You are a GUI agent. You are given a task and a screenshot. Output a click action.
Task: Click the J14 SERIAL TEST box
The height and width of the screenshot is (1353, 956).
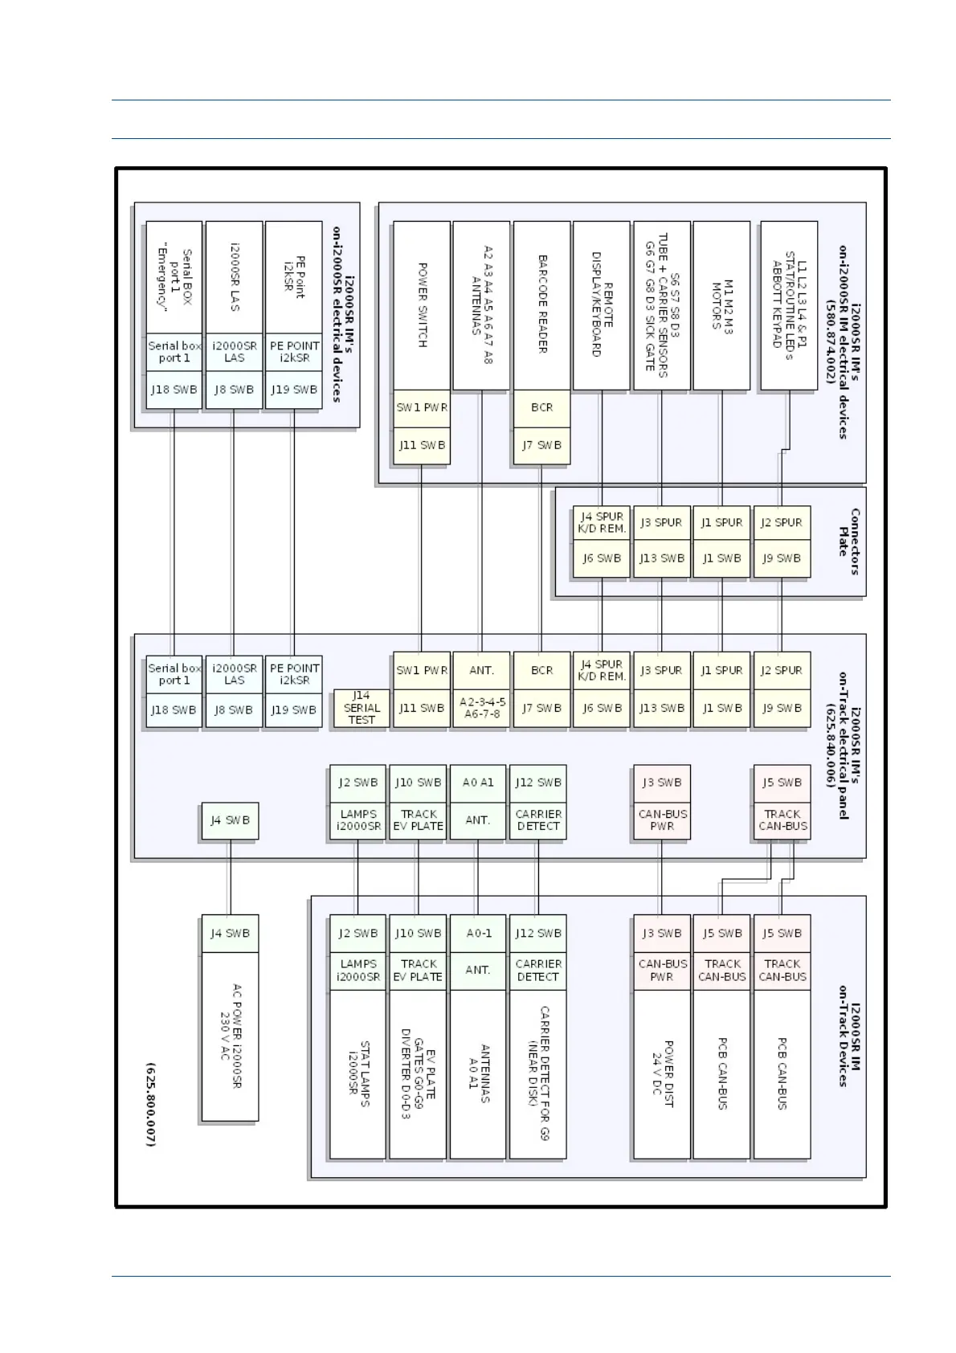point(362,708)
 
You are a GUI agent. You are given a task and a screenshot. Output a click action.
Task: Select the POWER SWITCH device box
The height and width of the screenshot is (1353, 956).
point(422,305)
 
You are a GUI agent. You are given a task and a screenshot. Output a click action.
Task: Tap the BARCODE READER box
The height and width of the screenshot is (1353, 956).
point(542,305)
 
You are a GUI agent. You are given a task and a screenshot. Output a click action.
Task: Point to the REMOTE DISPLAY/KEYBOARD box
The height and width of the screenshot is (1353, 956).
point(602,305)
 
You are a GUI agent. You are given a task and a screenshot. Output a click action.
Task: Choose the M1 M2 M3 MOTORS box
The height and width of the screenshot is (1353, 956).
point(721,305)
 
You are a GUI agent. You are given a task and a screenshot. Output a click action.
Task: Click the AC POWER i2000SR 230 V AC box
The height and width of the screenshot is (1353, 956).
point(230,1036)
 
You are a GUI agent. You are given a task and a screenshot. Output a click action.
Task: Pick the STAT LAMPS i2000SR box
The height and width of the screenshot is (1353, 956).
point(357,1073)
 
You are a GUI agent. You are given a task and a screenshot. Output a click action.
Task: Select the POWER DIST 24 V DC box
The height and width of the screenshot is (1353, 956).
point(662,1073)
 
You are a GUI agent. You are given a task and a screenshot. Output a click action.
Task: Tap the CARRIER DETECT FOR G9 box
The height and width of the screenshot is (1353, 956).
point(537,1073)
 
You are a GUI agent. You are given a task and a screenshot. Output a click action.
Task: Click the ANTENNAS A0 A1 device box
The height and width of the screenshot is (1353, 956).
point(478,1073)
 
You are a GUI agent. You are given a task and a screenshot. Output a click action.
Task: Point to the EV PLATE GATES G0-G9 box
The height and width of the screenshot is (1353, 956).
point(418,1073)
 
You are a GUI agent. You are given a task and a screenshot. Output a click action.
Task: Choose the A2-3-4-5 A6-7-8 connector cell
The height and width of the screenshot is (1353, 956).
point(481,708)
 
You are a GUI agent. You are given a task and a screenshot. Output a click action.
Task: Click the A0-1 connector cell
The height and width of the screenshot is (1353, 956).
point(478,934)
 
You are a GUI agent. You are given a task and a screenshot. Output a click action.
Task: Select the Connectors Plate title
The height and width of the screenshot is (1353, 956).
point(848,542)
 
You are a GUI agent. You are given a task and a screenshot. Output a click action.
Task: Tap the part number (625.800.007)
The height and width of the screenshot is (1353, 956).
point(150,1104)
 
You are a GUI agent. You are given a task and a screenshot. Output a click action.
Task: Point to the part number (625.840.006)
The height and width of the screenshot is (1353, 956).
point(831,746)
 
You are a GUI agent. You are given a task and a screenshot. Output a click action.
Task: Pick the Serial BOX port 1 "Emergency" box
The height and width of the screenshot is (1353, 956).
point(174,278)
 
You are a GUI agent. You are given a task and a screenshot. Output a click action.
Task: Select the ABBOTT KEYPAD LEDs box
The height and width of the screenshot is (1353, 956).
point(789,305)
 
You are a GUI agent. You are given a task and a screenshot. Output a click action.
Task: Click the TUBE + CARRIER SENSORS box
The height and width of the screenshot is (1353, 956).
point(662,305)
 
